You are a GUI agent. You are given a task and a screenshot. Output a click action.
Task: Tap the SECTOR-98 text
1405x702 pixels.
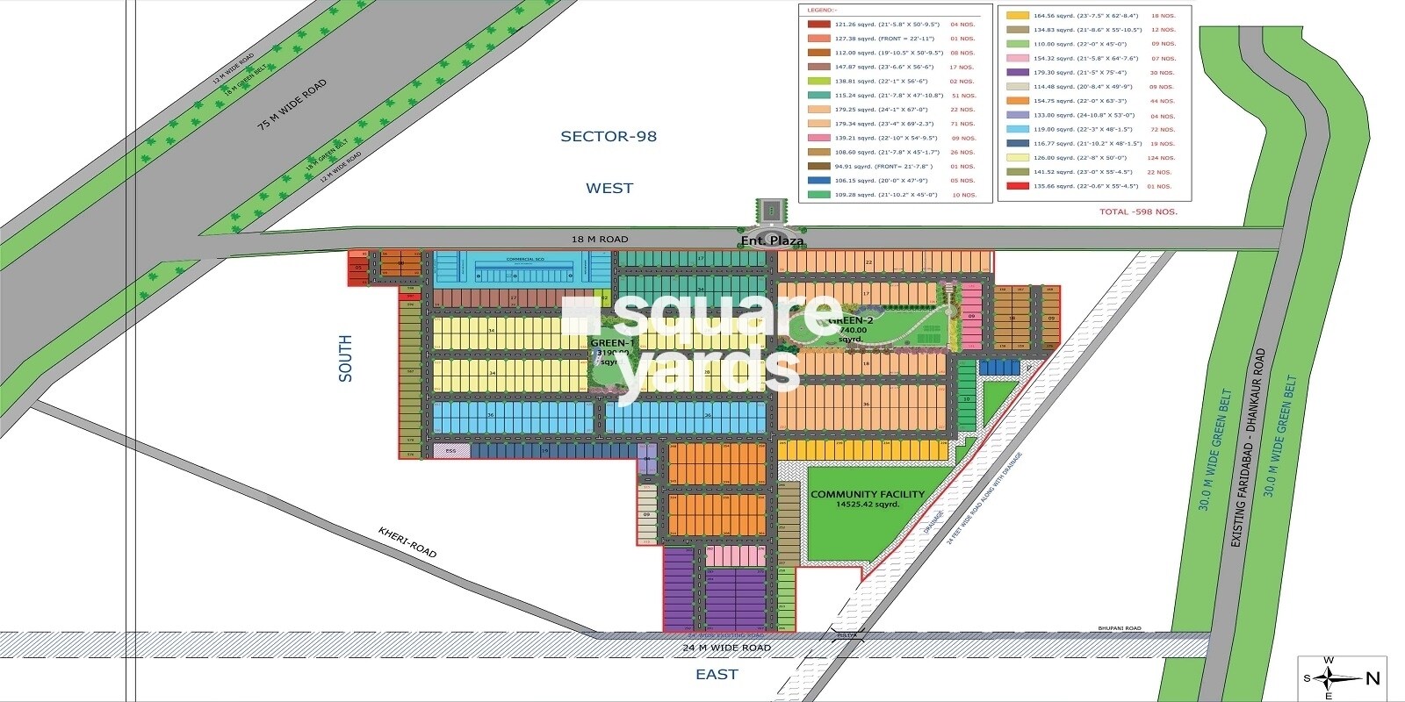point(609,136)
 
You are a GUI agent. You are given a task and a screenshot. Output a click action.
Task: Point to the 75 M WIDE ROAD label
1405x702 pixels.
point(292,104)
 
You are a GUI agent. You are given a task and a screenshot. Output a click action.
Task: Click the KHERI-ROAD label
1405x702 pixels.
point(407,542)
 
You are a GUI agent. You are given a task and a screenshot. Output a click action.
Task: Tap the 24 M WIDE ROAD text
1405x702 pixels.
point(726,648)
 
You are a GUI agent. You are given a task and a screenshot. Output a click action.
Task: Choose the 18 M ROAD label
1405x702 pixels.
point(600,239)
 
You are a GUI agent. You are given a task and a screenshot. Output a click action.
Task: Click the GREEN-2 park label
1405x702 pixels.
point(850,321)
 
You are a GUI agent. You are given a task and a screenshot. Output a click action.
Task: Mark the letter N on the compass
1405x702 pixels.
point(1373,677)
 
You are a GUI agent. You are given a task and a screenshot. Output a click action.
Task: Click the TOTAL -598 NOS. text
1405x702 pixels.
point(1138,211)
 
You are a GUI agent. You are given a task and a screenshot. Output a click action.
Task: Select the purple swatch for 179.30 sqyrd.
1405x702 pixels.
point(1017,73)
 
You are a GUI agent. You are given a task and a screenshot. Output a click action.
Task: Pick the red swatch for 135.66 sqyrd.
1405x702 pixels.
point(1017,186)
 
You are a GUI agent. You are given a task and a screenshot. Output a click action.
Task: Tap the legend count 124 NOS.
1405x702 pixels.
point(1161,158)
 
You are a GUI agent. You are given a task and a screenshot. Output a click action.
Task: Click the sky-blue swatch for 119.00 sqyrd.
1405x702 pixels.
point(1017,130)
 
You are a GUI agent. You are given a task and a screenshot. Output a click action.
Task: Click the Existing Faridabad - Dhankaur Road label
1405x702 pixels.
point(1248,448)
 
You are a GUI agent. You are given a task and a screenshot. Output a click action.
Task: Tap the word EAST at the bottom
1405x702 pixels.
point(717,674)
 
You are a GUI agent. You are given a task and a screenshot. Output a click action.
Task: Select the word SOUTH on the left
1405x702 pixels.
point(345,358)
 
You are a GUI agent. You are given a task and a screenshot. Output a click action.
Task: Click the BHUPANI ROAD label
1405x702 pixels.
point(1120,628)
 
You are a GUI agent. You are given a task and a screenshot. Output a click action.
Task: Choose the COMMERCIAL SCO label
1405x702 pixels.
point(525,259)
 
